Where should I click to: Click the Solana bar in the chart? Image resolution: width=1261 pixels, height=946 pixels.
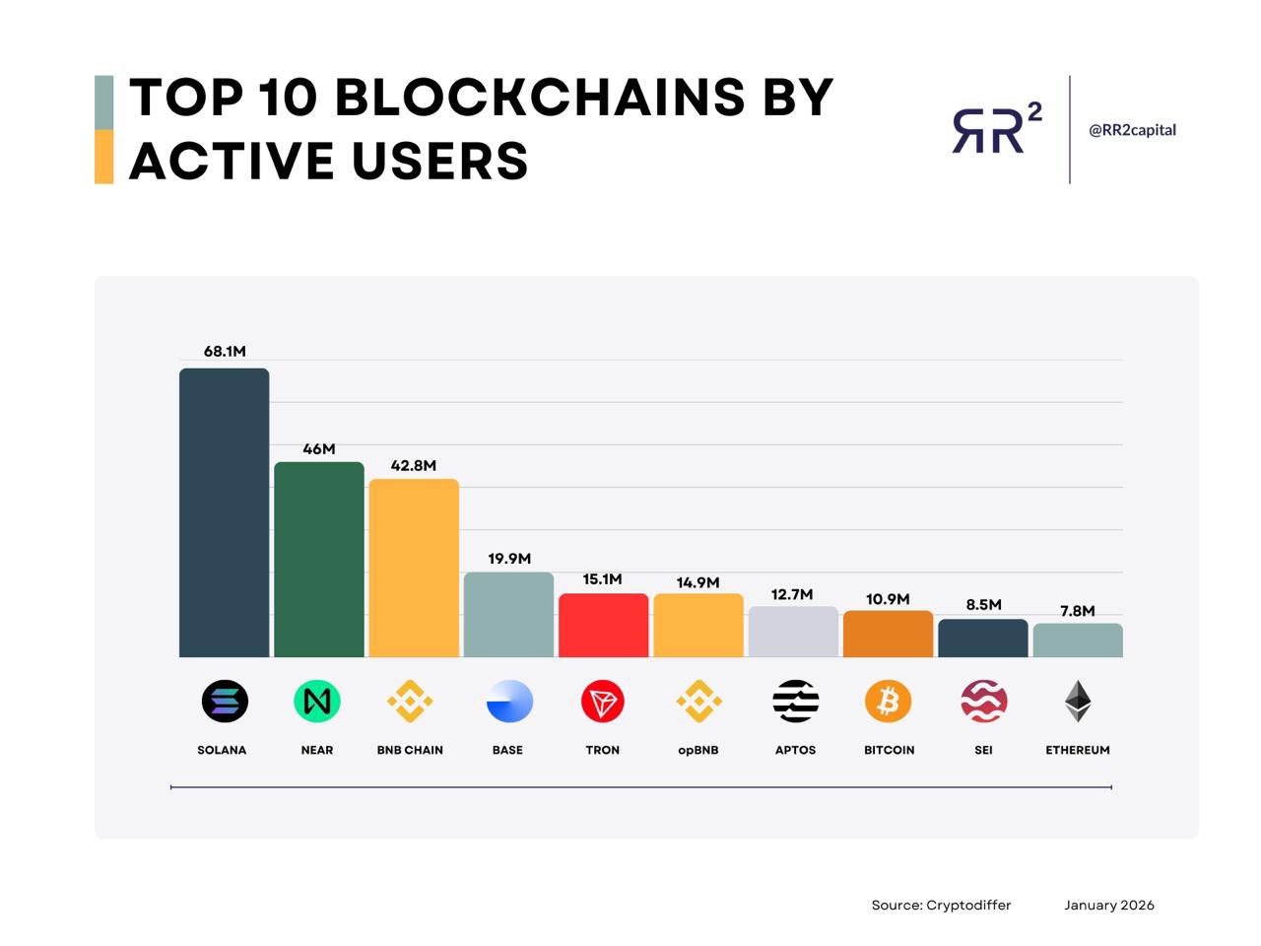(224, 512)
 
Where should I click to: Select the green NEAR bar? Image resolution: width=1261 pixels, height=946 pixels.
(318, 559)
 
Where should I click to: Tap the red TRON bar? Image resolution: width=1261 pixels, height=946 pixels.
(603, 625)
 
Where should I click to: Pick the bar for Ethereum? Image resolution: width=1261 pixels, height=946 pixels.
(1077, 640)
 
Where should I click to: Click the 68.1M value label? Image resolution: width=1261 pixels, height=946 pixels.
(225, 351)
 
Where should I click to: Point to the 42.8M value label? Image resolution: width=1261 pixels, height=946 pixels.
(413, 465)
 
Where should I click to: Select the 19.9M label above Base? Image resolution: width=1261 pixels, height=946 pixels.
(509, 559)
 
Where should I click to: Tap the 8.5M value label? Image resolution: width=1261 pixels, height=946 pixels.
(983, 604)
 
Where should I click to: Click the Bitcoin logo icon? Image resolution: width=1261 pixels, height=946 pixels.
(888, 702)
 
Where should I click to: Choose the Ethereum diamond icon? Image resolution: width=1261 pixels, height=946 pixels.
(1077, 702)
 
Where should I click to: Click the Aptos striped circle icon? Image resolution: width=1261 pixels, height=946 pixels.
(795, 702)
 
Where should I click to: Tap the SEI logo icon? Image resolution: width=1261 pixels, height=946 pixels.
(983, 702)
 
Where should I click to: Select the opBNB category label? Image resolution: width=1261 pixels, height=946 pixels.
(697, 750)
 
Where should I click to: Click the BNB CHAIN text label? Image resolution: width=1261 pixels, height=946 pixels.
(410, 750)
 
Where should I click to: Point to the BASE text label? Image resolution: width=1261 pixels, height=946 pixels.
(507, 750)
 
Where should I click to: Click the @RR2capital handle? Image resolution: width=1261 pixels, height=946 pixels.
(1132, 130)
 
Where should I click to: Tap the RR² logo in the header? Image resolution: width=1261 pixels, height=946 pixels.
(996, 129)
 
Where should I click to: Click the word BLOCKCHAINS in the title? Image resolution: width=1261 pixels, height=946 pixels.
(540, 97)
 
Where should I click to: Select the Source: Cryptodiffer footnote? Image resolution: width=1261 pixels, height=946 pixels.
(941, 905)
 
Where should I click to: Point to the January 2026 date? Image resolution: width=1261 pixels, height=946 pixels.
(1108, 905)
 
